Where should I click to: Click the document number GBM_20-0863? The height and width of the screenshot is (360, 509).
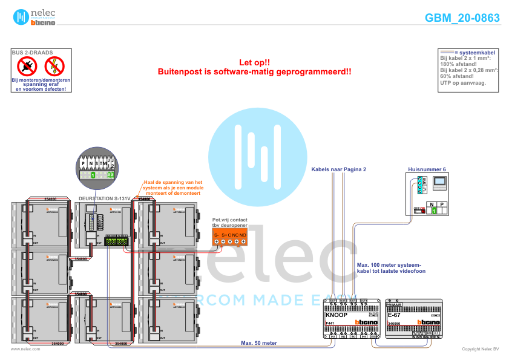tap(462, 18)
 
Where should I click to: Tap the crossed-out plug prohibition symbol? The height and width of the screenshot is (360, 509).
tap(27, 66)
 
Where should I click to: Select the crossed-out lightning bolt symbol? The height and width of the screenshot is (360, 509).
tap(54, 66)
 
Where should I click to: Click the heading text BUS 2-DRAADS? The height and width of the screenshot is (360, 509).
tap(32, 53)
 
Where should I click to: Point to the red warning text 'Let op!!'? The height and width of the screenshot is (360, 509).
tap(254, 62)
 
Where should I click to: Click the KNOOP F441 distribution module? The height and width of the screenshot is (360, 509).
tap(351, 319)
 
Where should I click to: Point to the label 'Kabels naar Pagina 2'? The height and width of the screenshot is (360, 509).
tap(339, 170)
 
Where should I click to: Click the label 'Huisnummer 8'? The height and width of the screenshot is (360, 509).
tap(427, 169)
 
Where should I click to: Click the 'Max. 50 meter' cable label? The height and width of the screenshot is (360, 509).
tap(259, 343)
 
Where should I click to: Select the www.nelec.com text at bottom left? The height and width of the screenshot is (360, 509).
tap(25, 349)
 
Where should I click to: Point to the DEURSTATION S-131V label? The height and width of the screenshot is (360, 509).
tap(104, 198)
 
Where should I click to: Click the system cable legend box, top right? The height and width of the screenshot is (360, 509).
tap(468, 70)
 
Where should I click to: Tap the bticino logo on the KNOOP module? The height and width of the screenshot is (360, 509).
tap(366, 323)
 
